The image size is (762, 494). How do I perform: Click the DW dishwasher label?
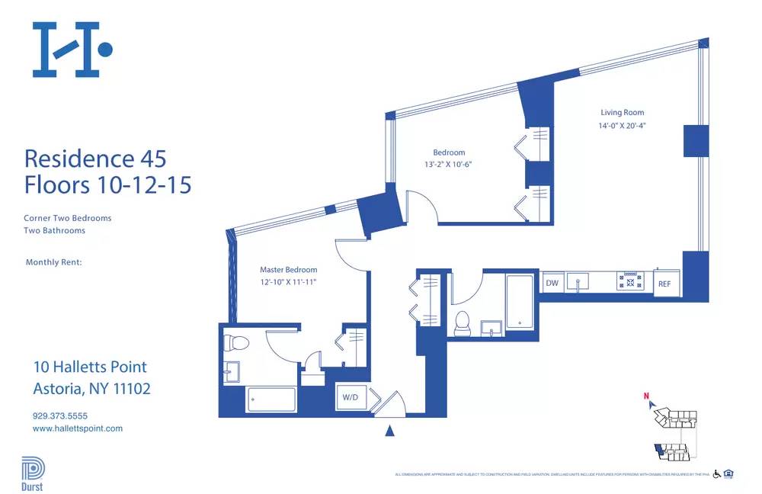[552, 283]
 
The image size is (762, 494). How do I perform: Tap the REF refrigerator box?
[664, 284]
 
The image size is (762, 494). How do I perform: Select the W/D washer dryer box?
[351, 397]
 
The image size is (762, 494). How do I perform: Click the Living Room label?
[623, 113]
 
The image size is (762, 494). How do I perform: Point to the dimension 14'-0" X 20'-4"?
[623, 127]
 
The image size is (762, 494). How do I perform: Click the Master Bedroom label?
[288, 270]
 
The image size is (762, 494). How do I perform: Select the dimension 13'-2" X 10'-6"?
[449, 165]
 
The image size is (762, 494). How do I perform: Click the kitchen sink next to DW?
[580, 283]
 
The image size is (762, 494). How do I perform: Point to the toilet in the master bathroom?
[237, 342]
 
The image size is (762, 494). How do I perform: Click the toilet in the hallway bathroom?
[462, 322]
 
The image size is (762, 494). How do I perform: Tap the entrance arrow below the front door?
[390, 431]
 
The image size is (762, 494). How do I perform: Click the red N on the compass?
[646, 396]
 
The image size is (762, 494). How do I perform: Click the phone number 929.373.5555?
[60, 416]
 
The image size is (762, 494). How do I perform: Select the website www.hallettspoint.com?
[77, 428]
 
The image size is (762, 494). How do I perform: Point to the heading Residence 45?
[95, 159]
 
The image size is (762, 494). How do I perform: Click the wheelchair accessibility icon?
[716, 474]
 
